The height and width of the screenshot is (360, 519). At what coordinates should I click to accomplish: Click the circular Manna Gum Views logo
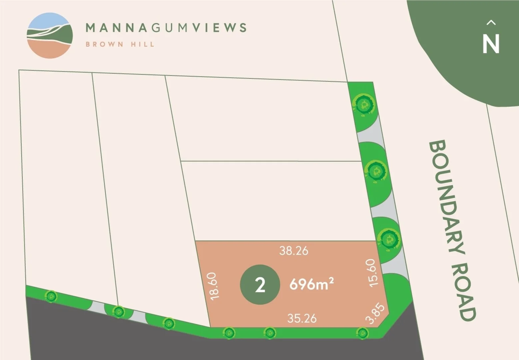pos(50,36)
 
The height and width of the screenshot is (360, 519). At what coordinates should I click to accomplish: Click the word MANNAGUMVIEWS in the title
pos(166,27)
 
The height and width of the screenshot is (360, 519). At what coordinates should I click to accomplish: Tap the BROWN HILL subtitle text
pos(120,44)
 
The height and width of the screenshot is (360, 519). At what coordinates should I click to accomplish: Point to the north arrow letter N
pos(491,44)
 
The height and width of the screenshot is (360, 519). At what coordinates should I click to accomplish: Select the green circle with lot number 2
pos(260,285)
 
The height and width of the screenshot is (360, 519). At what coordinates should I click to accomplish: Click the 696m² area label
pos(311,284)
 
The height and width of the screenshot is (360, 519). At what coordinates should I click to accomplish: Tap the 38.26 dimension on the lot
pos(293,251)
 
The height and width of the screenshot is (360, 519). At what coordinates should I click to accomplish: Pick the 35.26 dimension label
pos(302,318)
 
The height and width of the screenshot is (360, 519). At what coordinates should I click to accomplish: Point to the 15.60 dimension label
pos(372,272)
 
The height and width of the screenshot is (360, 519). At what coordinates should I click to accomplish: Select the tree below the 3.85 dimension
pos(362,333)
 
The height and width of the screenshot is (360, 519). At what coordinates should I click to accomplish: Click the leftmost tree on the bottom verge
pos(51,296)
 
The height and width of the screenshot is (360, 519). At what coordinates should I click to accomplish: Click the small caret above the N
pos(491,23)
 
